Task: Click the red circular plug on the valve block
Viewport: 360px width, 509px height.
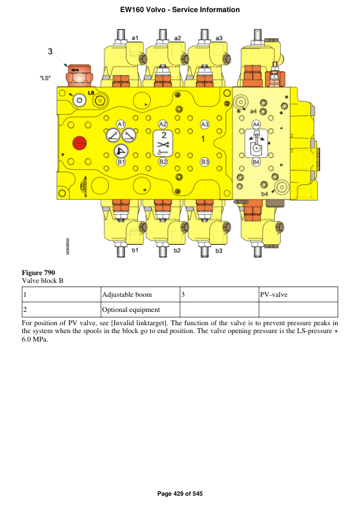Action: click(x=80, y=143)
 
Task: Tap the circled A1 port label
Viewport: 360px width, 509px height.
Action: click(x=121, y=125)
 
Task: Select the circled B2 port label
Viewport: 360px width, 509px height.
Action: click(x=163, y=161)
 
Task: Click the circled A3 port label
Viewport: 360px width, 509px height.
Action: click(x=205, y=125)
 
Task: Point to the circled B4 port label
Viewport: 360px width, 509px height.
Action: click(x=256, y=161)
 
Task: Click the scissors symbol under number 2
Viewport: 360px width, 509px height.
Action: click(x=163, y=144)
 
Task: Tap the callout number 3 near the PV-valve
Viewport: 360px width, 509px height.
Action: click(x=50, y=51)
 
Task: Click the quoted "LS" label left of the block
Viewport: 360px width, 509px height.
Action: click(x=45, y=78)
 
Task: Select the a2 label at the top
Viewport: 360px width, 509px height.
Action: click(x=177, y=38)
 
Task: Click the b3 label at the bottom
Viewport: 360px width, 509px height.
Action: click(x=218, y=251)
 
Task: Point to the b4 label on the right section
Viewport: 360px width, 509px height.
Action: click(x=265, y=194)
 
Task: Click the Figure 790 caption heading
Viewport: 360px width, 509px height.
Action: click(x=38, y=273)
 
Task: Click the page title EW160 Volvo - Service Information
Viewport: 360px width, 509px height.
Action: click(x=180, y=10)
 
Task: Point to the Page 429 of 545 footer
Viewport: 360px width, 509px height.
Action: click(x=180, y=494)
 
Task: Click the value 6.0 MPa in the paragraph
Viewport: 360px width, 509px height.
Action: click(x=34, y=340)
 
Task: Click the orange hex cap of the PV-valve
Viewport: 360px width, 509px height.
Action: click(x=79, y=76)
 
